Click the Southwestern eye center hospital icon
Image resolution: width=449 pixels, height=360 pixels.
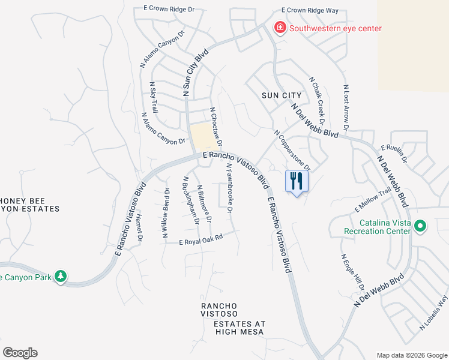[x=279, y=28]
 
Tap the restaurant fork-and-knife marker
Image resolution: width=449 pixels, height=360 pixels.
[x=297, y=180]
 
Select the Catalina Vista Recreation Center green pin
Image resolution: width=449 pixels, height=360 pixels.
[x=420, y=226]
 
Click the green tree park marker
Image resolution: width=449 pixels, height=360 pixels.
[x=60, y=276]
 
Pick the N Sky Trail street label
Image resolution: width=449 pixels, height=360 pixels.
[x=154, y=98]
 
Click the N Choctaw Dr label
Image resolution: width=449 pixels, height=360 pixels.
[x=215, y=127]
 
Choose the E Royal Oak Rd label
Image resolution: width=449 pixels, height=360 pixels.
[x=201, y=239]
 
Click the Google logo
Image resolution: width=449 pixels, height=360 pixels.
[x=20, y=353]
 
